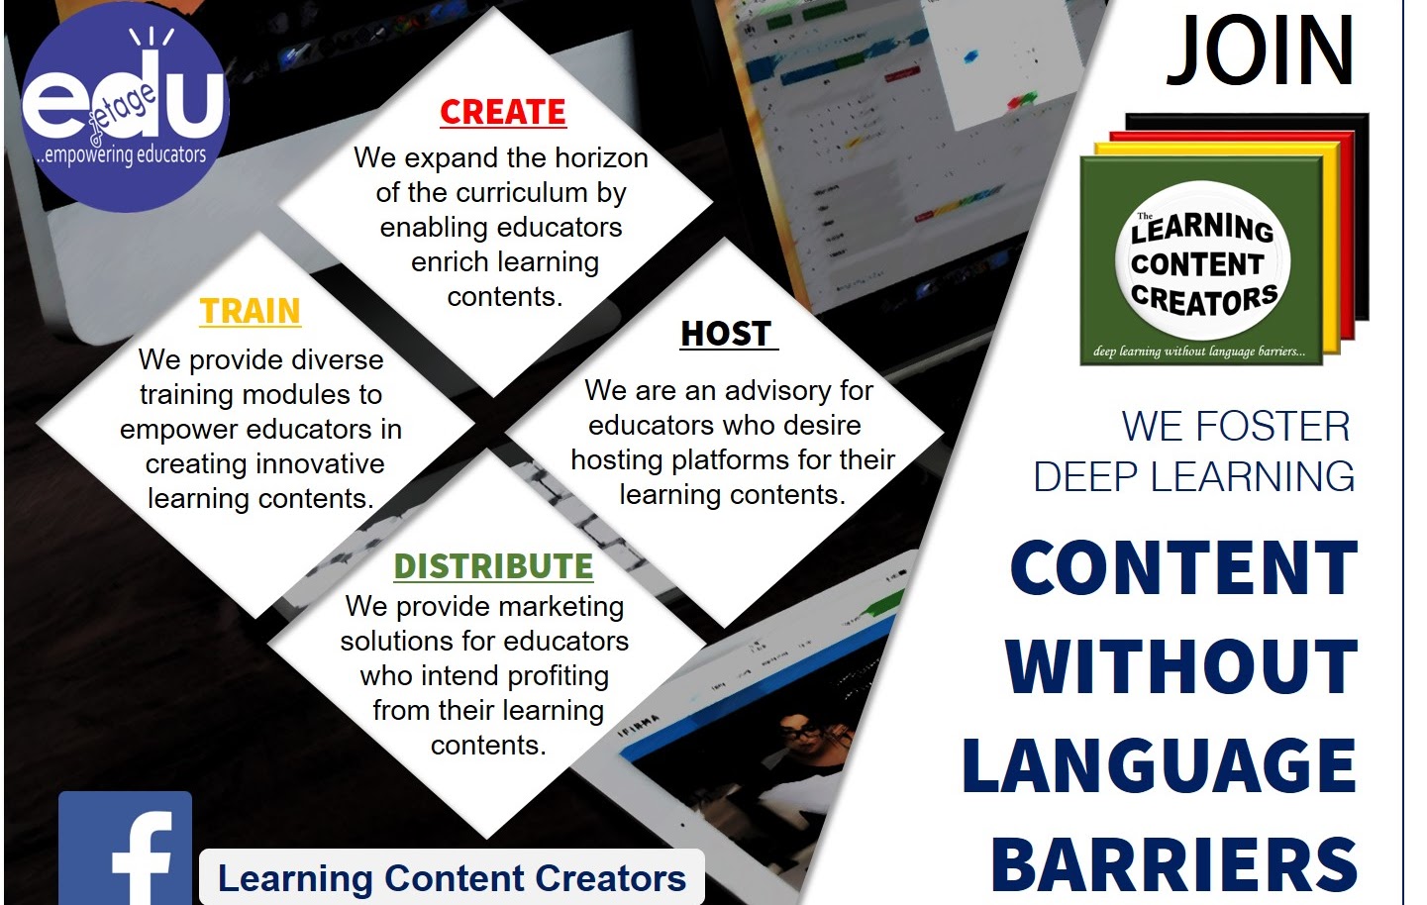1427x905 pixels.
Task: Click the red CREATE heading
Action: [x=503, y=112]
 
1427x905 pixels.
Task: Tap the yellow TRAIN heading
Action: [x=250, y=312]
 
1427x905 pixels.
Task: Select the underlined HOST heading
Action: [x=727, y=334]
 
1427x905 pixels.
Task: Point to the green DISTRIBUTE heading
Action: [x=493, y=566]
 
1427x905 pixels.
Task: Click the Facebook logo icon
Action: [x=126, y=849]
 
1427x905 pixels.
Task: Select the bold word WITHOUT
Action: [x=1181, y=666]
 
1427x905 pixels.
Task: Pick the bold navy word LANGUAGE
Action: [x=1160, y=765]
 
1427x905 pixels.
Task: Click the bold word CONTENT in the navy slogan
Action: [x=1183, y=568]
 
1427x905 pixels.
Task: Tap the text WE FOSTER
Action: [x=1235, y=427]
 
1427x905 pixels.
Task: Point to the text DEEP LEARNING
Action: [x=1193, y=477]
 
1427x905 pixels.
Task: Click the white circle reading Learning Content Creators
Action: [x=1203, y=263]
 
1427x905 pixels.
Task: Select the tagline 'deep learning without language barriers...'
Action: [x=1199, y=352]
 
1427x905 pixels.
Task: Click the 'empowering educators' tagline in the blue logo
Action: [x=122, y=155]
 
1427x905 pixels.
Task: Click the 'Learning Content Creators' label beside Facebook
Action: [x=452, y=878]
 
